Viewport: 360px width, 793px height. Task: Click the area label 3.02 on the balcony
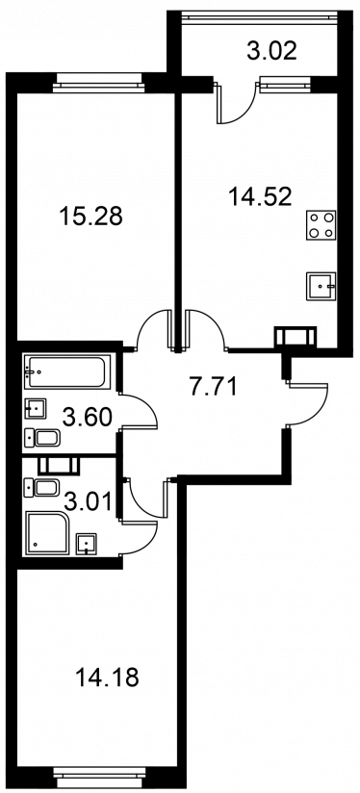tap(271, 52)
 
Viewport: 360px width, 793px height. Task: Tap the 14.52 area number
tap(260, 196)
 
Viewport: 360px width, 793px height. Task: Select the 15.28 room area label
tap(91, 217)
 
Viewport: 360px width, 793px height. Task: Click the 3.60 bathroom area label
tap(87, 418)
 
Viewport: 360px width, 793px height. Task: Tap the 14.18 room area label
tap(107, 678)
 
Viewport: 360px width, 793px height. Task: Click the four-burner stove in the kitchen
tap(321, 225)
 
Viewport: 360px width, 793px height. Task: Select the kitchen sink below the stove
tap(321, 286)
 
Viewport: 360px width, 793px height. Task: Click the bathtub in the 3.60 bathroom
tap(67, 372)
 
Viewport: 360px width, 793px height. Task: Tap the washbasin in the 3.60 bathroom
tap(36, 409)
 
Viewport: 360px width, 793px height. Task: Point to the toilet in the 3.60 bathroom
tap(42, 438)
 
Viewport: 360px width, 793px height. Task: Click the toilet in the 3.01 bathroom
tap(42, 488)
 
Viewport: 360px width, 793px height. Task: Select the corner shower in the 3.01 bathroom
tap(47, 533)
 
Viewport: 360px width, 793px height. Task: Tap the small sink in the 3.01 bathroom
tap(87, 544)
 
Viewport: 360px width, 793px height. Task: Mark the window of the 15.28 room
tap(98, 84)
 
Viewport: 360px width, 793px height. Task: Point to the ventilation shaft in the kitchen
tap(296, 336)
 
